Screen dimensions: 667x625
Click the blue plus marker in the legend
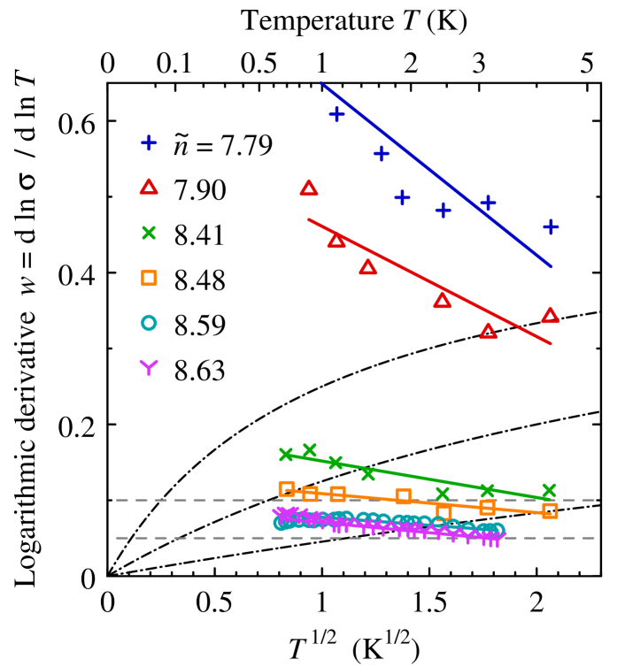point(149,142)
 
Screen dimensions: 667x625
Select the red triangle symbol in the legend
point(149,187)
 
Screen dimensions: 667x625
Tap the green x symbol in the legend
point(149,233)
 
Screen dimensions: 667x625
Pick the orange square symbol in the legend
point(149,278)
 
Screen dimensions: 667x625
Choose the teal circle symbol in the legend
point(149,323)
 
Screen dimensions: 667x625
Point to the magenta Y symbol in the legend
point(149,366)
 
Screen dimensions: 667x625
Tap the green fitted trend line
point(416,477)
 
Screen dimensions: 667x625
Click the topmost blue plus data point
point(336,114)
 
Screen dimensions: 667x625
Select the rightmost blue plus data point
point(551,227)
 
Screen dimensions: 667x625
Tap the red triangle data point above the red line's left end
point(308,188)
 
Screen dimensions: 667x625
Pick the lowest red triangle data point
point(488,331)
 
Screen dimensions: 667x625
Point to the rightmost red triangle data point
point(550,315)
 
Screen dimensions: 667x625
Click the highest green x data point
point(309,450)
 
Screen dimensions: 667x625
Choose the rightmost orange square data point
point(550,510)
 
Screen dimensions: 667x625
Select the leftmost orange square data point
point(286,488)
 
